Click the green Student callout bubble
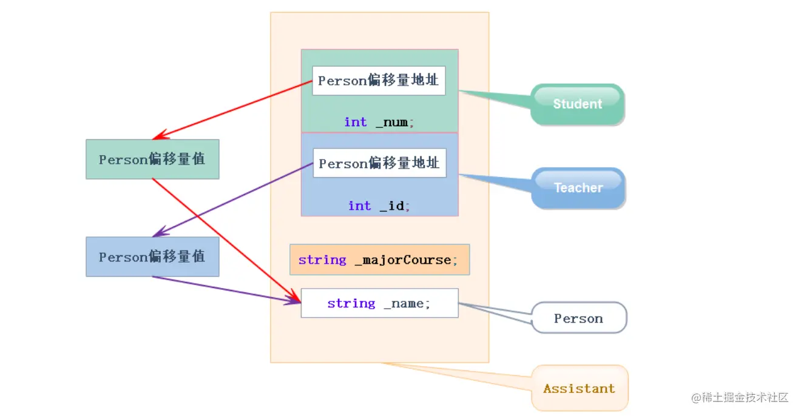click(577, 104)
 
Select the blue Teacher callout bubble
click(578, 188)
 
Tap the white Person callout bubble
click(578, 318)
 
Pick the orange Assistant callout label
click(579, 389)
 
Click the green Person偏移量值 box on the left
click(152, 159)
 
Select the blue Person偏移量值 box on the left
click(152, 257)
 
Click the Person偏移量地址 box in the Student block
click(379, 81)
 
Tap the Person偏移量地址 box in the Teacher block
click(379, 163)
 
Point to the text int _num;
click(379, 122)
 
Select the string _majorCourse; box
click(379, 260)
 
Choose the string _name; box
click(379, 303)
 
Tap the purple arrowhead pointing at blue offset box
click(159, 233)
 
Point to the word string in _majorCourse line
click(322, 260)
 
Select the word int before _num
click(356, 122)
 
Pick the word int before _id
click(359, 206)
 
